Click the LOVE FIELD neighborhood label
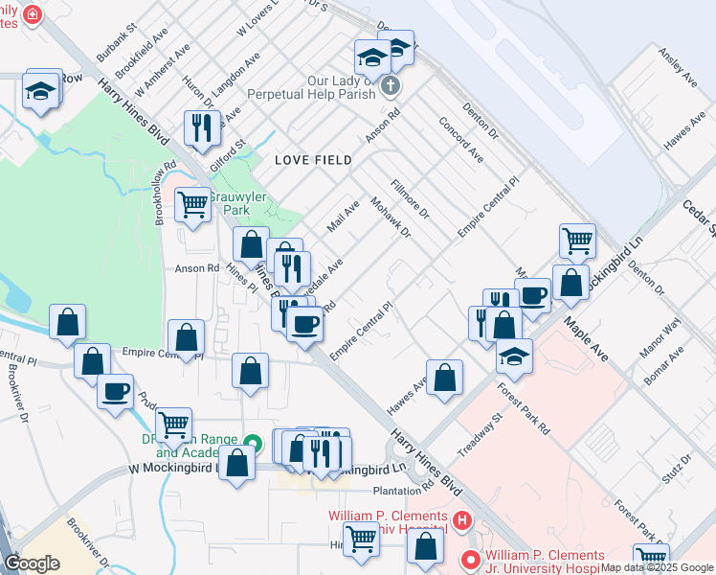coord(312,160)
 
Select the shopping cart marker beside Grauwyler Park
coord(193,203)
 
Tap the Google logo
coord(32,563)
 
